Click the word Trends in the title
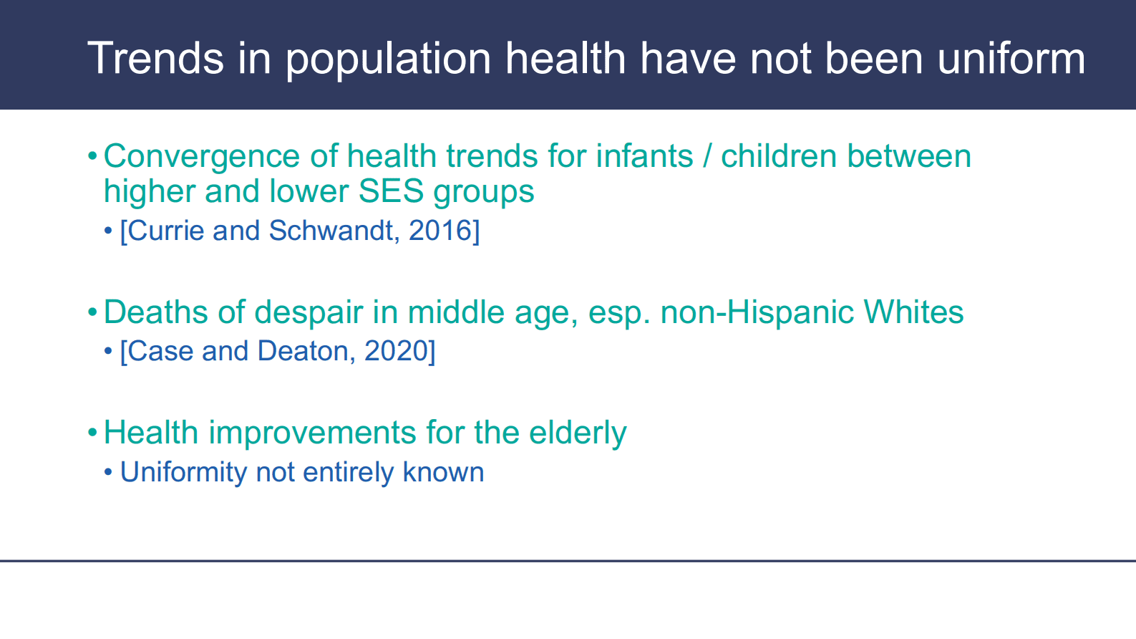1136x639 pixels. tap(156, 58)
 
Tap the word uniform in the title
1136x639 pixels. tap(1011, 58)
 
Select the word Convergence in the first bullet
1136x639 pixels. tap(202, 155)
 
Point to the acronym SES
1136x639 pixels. tap(391, 191)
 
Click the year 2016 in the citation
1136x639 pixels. tap(441, 231)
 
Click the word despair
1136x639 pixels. tap(309, 312)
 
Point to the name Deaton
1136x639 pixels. tap(303, 351)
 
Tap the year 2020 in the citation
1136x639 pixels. tap(396, 351)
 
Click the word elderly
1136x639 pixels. tap(578, 433)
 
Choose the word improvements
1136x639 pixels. tap(312, 433)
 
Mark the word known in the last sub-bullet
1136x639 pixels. tap(443, 472)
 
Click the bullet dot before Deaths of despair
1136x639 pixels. tap(92, 312)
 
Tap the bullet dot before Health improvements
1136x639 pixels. tap(92, 433)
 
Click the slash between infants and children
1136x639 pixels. tap(707, 155)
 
